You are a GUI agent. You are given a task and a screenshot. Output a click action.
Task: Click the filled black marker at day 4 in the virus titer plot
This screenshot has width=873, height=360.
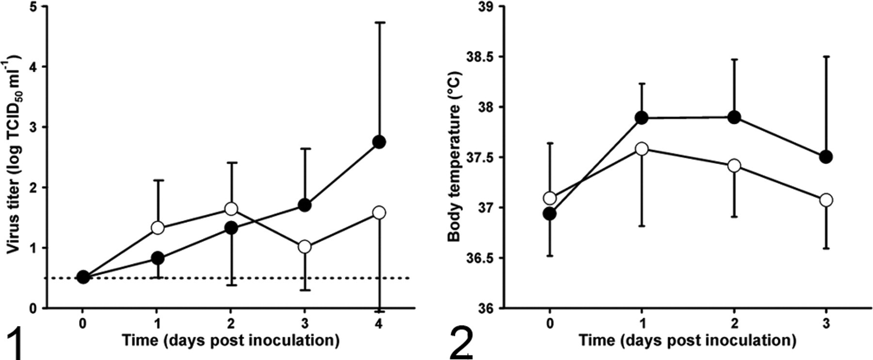(x=379, y=142)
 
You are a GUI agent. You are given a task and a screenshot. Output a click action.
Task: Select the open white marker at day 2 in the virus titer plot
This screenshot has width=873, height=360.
(x=231, y=209)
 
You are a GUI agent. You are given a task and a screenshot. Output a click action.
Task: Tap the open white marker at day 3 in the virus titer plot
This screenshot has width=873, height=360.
(x=305, y=246)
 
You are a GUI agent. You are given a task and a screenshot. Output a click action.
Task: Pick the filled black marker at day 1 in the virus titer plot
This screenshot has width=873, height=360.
(x=157, y=258)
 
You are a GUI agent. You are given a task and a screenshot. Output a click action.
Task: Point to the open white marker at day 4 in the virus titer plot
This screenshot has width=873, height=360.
(x=379, y=213)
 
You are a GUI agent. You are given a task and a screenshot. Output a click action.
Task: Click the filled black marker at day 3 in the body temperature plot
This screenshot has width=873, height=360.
(x=826, y=157)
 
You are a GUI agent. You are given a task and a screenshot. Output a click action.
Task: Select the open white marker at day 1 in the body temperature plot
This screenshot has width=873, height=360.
(x=642, y=149)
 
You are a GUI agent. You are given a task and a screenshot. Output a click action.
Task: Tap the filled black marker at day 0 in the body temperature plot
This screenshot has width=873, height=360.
(x=550, y=213)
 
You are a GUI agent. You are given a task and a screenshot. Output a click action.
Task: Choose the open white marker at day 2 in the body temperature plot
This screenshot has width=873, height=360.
(x=734, y=166)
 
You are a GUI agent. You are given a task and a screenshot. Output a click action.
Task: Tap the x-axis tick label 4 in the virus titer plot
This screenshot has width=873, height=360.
(x=379, y=323)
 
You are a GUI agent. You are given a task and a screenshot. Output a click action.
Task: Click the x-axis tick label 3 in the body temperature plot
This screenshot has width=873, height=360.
(x=826, y=323)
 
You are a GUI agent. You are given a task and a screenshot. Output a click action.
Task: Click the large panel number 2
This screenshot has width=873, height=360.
(x=461, y=344)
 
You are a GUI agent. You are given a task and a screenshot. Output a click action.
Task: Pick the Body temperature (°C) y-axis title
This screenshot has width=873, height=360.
(x=454, y=157)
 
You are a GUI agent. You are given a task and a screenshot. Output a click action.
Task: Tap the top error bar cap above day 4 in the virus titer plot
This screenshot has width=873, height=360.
(x=379, y=22)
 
